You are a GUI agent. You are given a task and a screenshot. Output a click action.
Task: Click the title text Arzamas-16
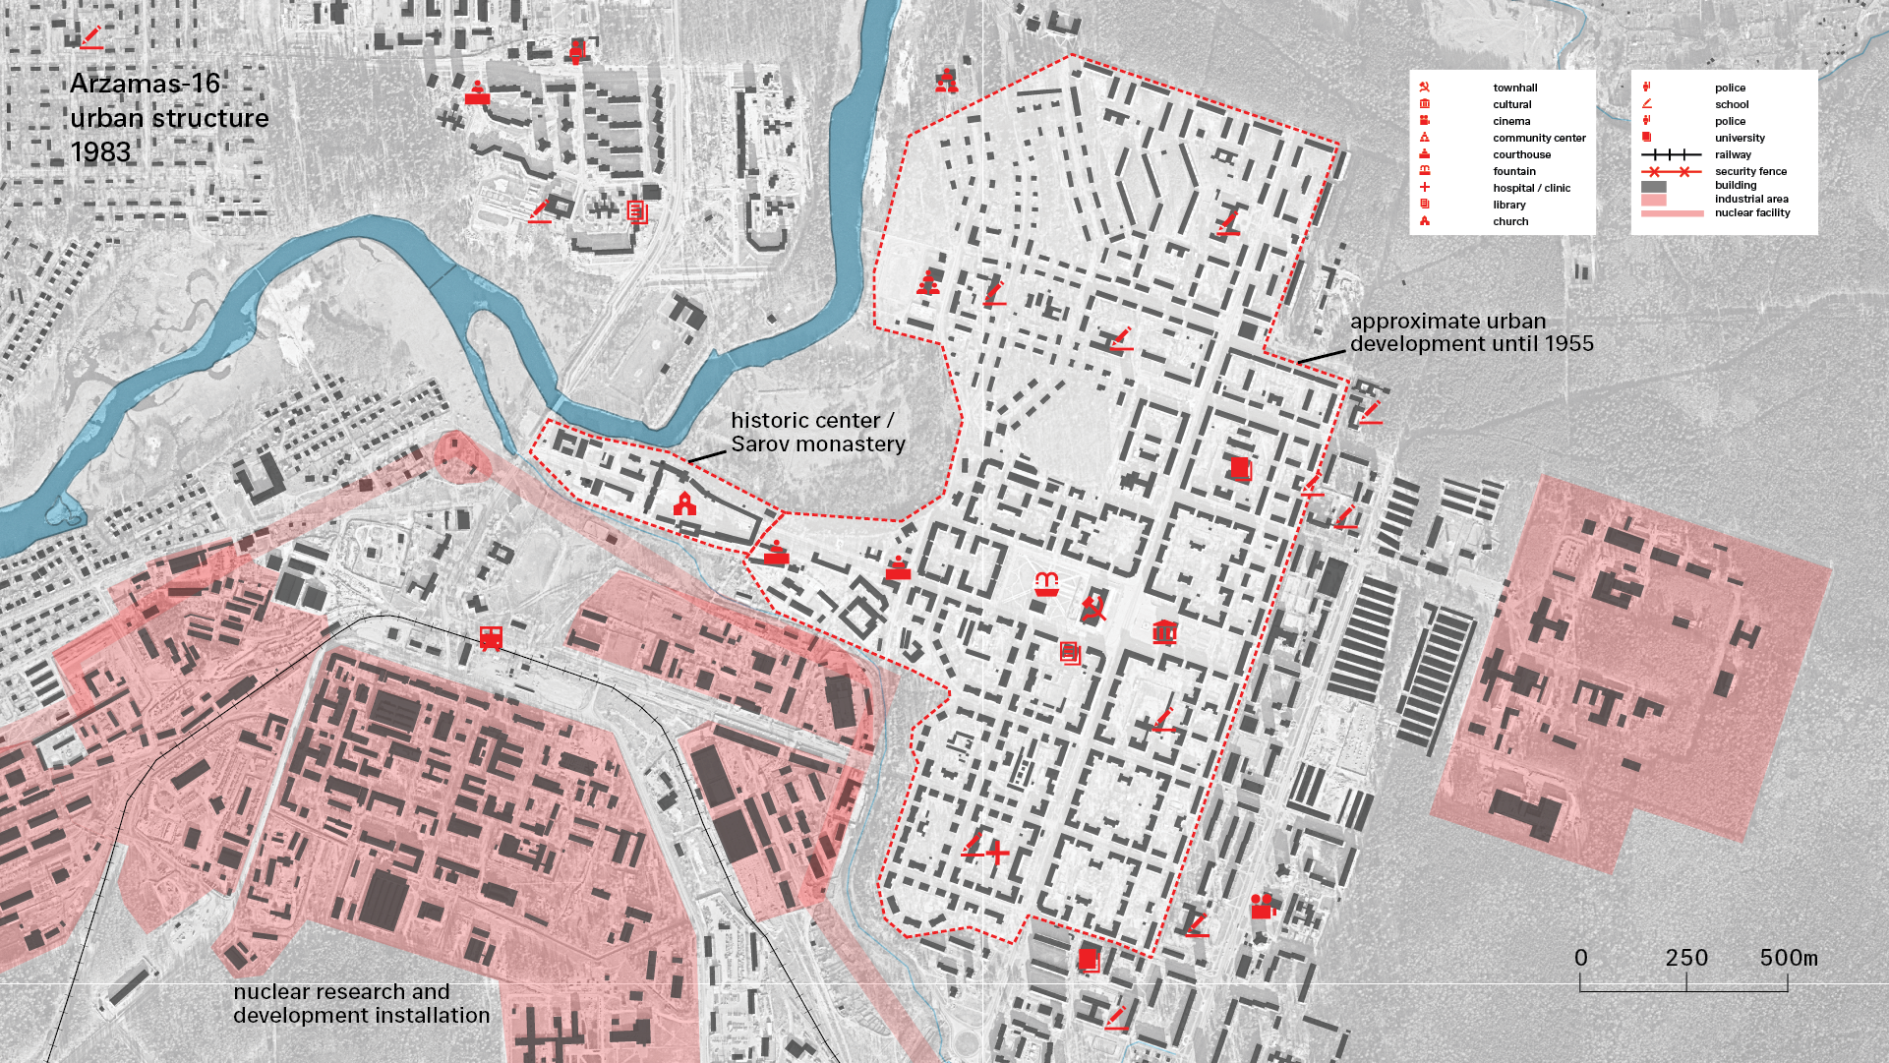tap(145, 84)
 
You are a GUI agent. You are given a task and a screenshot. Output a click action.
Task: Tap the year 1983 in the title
tap(100, 152)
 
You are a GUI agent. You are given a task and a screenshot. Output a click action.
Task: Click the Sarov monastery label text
tap(817, 444)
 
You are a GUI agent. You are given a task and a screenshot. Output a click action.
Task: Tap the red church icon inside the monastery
tap(684, 504)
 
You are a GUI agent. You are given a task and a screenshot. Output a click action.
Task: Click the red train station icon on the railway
tap(491, 638)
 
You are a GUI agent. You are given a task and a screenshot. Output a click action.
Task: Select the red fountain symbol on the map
tap(1046, 584)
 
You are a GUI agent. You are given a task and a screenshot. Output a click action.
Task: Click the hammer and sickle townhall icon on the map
tap(1092, 609)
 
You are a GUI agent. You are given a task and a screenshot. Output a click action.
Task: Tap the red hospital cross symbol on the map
tap(997, 852)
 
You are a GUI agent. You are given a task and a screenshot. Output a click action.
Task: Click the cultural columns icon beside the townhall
tap(1164, 631)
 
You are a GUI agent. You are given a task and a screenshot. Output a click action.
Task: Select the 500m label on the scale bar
tap(1788, 958)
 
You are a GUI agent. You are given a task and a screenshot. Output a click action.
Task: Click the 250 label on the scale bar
tap(1685, 958)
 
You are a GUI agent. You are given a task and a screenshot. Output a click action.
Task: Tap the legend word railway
tap(1733, 155)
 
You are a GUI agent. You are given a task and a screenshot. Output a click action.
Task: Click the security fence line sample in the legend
tap(1670, 172)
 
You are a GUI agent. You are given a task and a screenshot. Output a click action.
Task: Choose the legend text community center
tap(1539, 139)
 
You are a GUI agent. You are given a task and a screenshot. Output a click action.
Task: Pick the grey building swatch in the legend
tap(1654, 186)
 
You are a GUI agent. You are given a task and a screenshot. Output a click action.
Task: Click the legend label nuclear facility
tap(1752, 213)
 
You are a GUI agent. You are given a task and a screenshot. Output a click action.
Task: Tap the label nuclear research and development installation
tap(361, 1004)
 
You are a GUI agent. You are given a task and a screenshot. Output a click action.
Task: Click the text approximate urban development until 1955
tap(1470, 332)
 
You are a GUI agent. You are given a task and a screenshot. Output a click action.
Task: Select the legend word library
tap(1508, 206)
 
